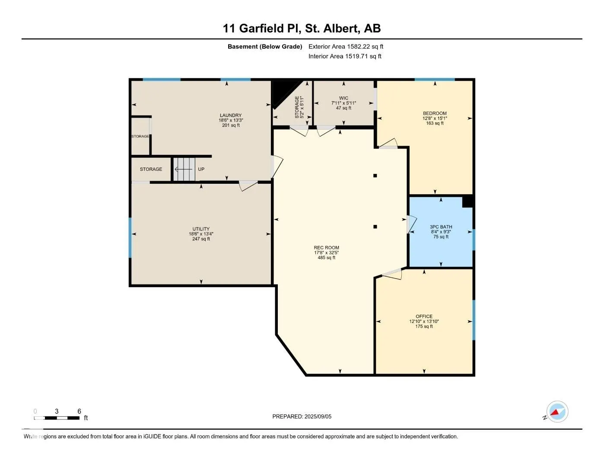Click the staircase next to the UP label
tap(184, 169)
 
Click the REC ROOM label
tap(326, 247)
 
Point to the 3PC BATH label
tap(441, 227)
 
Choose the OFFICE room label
tap(424, 316)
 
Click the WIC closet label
tap(343, 98)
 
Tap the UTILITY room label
tap(201, 229)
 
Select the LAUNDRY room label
tap(231, 115)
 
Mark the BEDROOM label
tap(435, 113)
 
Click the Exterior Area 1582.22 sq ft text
tap(346, 46)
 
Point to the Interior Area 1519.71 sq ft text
tap(345, 56)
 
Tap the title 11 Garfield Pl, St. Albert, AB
tap(302, 29)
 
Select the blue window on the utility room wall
tap(130, 237)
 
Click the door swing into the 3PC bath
tap(411, 224)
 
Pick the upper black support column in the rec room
tap(375, 176)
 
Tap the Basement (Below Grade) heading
tap(264, 46)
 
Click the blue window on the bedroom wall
tap(435, 80)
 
